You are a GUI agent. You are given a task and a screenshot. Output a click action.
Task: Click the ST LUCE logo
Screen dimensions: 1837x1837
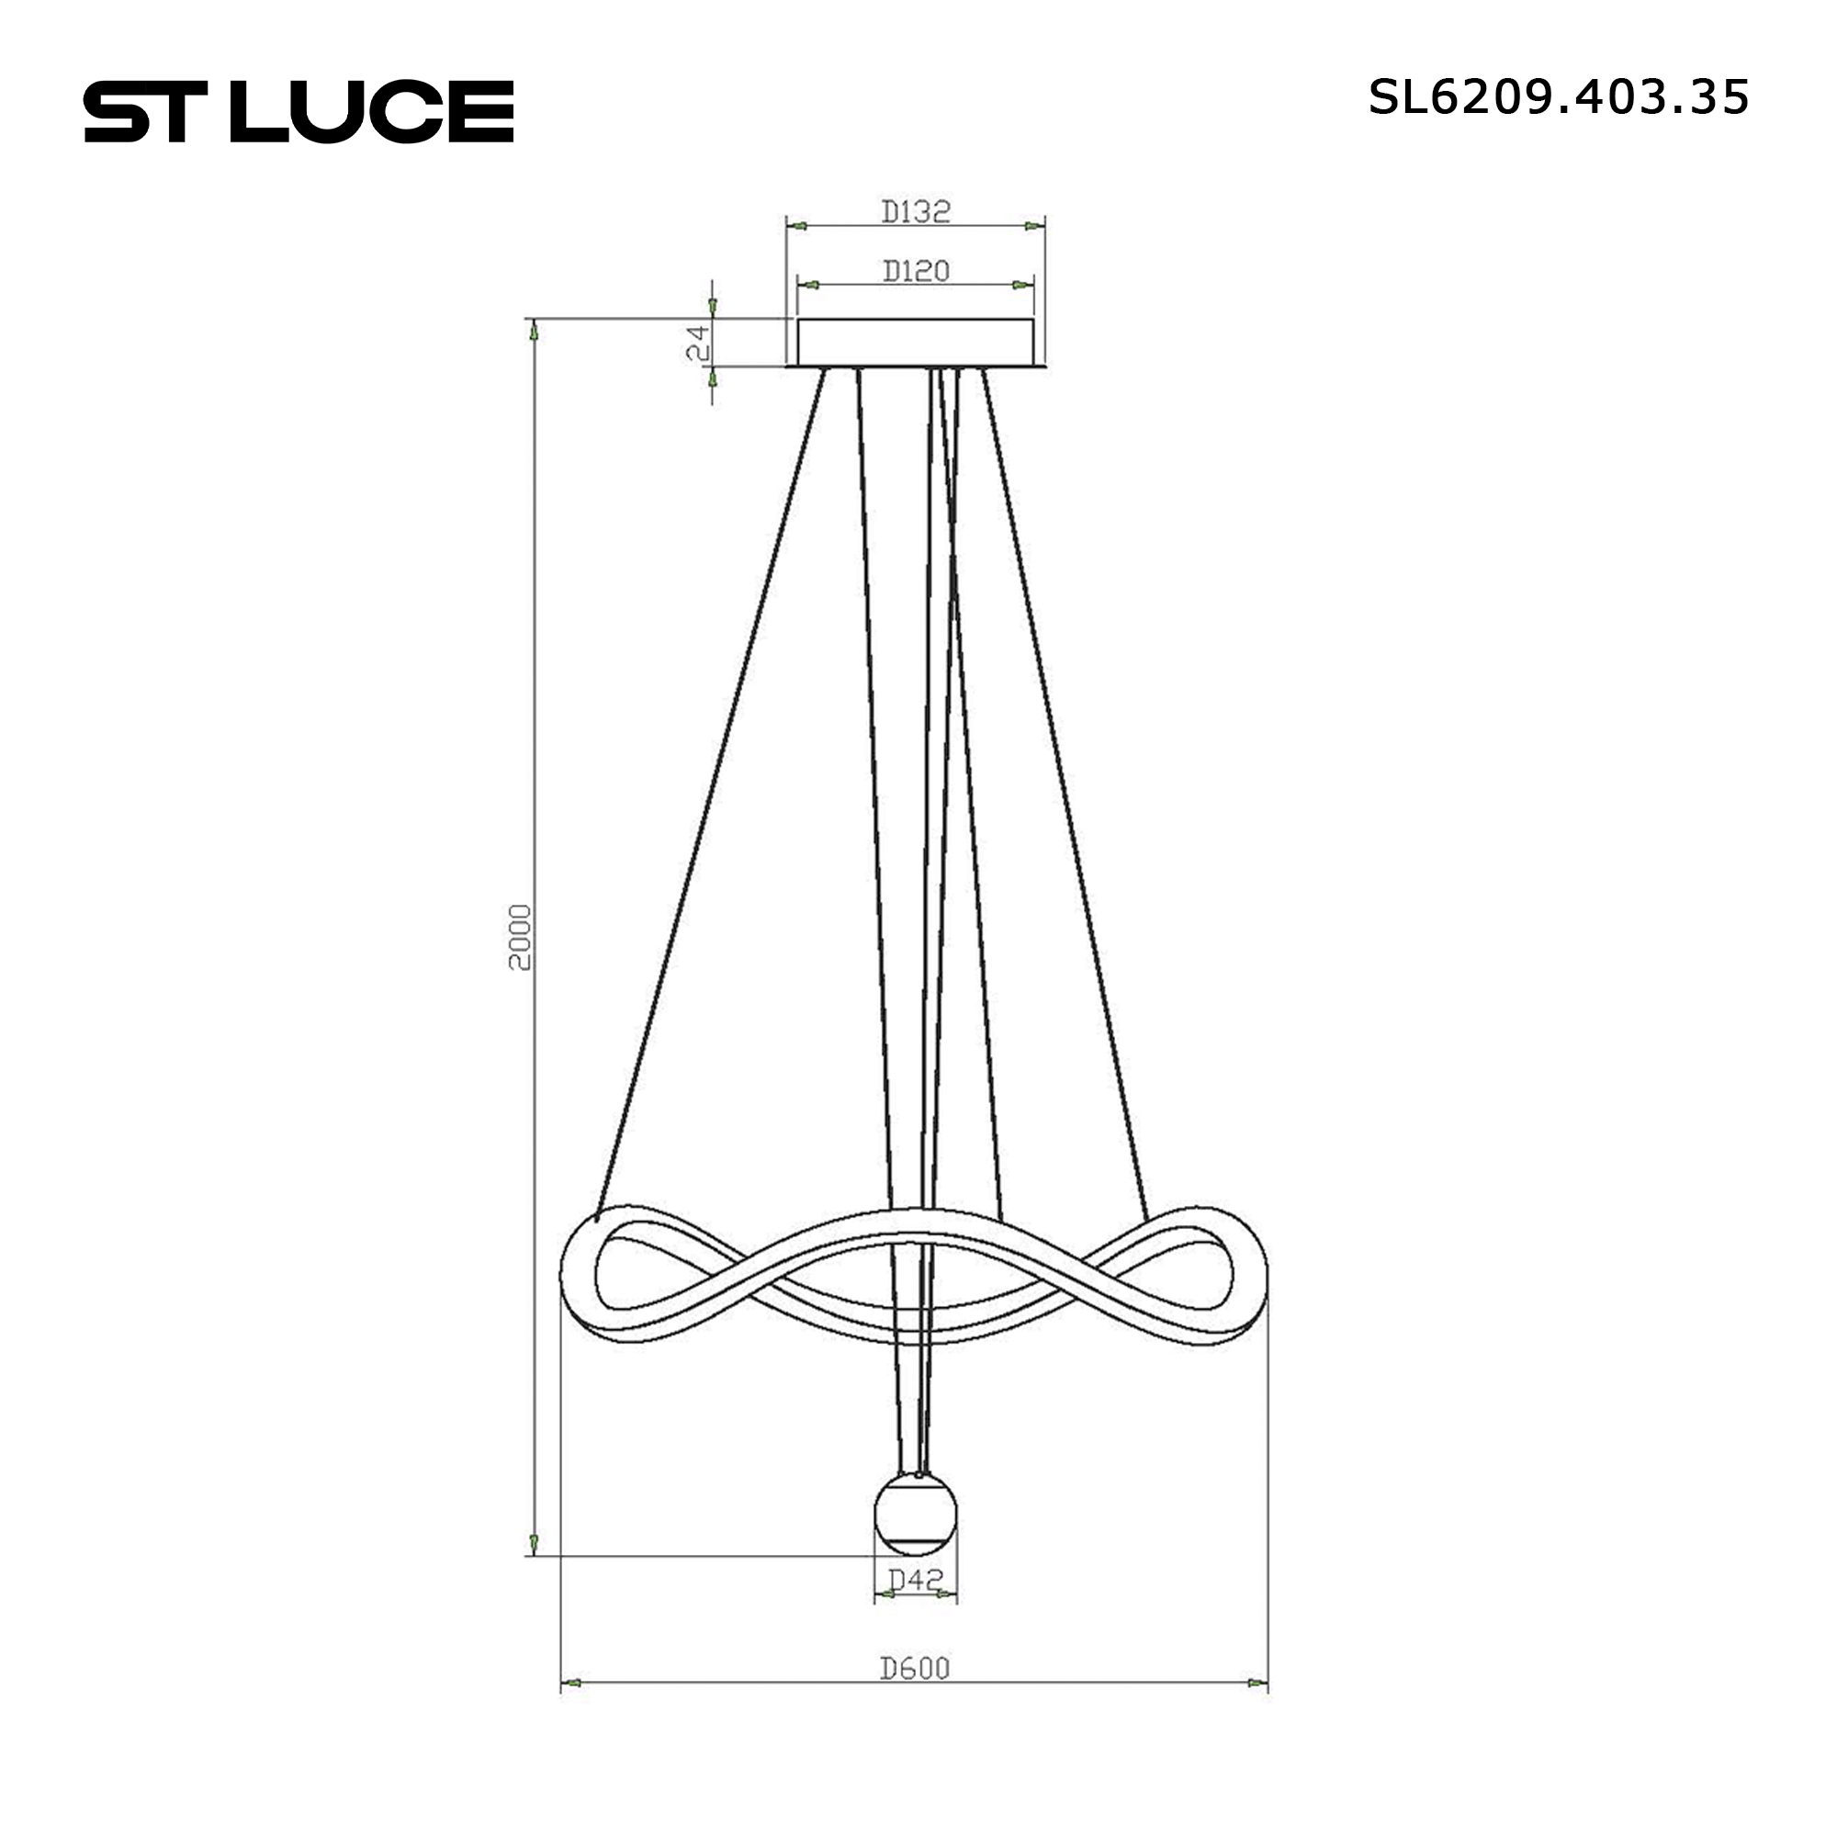(x=299, y=112)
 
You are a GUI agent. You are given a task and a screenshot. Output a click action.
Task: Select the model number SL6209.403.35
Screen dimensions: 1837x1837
(x=1559, y=97)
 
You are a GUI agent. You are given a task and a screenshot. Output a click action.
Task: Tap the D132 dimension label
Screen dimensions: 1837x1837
(x=916, y=211)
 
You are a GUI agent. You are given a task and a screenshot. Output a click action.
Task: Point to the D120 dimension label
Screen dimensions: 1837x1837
(x=916, y=271)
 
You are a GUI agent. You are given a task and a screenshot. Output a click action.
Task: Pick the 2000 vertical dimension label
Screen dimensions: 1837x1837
(x=520, y=937)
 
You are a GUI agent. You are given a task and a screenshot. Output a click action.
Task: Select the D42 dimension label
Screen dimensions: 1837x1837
(x=916, y=1579)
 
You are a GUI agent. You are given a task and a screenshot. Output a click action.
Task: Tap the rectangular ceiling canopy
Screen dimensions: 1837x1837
(x=916, y=343)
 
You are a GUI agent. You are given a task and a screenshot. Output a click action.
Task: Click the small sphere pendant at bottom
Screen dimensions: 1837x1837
(x=916, y=1514)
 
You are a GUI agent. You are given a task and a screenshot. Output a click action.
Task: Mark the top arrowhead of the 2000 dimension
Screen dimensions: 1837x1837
(x=534, y=331)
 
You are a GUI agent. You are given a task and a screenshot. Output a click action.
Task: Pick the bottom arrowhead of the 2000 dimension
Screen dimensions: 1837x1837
(x=534, y=1542)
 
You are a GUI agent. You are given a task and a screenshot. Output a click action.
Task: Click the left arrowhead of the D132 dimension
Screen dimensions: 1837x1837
(x=798, y=226)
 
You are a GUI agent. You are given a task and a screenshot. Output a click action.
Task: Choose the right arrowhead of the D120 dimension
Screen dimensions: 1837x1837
(x=1022, y=285)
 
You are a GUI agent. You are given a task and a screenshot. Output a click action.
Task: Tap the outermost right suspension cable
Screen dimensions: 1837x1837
(x=1065, y=789)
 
